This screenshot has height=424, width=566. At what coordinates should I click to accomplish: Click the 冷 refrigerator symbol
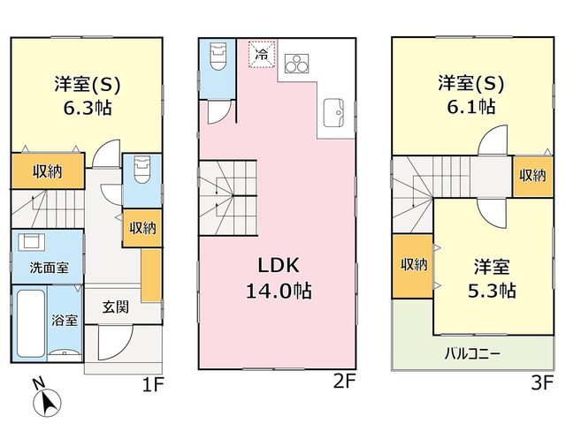[263, 55]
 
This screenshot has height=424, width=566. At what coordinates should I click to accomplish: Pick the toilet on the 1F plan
[138, 167]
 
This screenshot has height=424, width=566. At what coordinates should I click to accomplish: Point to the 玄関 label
[115, 307]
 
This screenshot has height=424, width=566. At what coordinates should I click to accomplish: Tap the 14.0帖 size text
[281, 290]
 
